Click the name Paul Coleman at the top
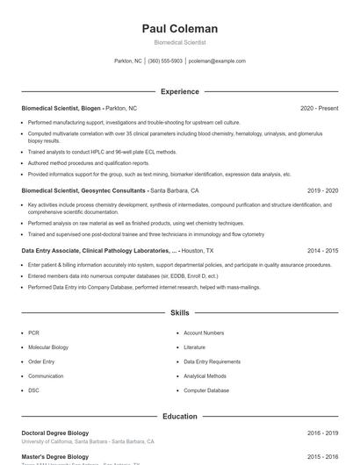click(180, 29)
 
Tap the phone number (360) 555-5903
click(165, 61)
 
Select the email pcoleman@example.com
click(217, 61)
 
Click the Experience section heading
click(180, 91)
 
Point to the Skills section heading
click(180, 312)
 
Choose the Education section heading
click(180, 416)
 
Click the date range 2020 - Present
click(319, 108)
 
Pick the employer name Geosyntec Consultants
click(114, 190)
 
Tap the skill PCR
click(33, 333)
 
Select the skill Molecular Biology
click(48, 347)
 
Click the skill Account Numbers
click(204, 333)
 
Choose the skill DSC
click(33, 390)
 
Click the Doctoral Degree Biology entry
click(54, 433)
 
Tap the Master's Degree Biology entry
click(54, 456)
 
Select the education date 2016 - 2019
click(323, 433)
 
